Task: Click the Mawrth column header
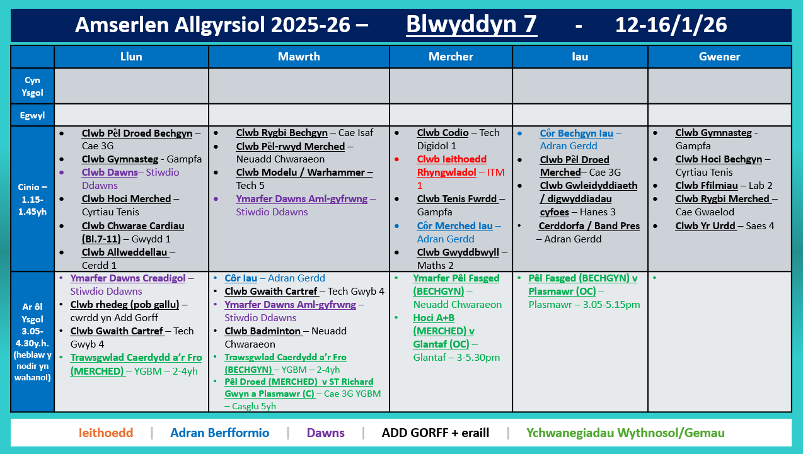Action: pyautogui.click(x=299, y=57)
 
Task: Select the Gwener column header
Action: pyautogui.click(x=720, y=57)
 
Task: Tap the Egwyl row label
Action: pyautogui.click(x=32, y=115)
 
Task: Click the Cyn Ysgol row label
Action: pyautogui.click(x=32, y=86)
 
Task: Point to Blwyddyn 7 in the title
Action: pyautogui.click(x=471, y=25)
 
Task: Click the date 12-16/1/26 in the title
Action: pyautogui.click(x=671, y=25)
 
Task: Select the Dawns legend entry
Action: pyautogui.click(x=326, y=433)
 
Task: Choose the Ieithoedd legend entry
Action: pyautogui.click(x=106, y=433)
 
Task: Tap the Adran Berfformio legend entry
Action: pyautogui.click(x=219, y=433)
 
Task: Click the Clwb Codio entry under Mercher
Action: pyautogui.click(x=442, y=133)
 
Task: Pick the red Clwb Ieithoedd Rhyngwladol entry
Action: pyautogui.click(x=451, y=166)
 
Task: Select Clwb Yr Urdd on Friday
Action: pyautogui.click(x=705, y=225)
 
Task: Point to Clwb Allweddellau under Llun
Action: pyautogui.click(x=124, y=253)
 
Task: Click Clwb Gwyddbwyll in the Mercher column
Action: pyautogui.click(x=458, y=253)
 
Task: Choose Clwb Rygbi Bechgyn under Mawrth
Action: pyautogui.click(x=282, y=133)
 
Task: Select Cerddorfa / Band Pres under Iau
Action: pyautogui.click(x=589, y=226)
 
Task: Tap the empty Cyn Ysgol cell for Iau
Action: pyautogui.click(x=580, y=86)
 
